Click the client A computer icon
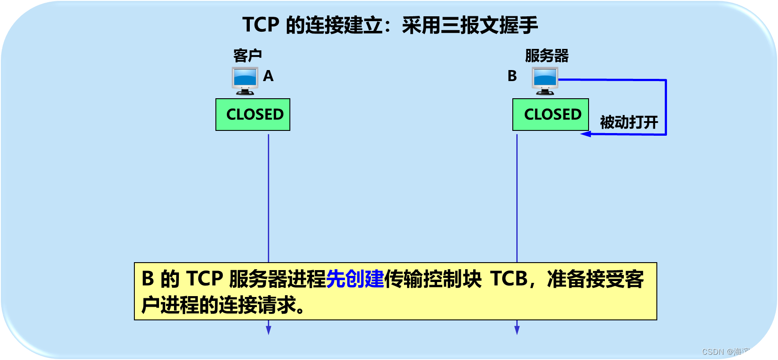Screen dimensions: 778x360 (245, 81)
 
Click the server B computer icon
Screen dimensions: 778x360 (545, 81)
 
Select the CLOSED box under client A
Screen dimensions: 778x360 (253, 115)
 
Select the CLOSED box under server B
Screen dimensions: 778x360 (551, 115)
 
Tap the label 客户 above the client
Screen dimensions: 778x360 (248, 56)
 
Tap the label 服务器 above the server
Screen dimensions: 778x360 (547, 56)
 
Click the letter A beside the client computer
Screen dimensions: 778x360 (268, 76)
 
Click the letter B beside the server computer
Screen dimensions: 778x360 (512, 76)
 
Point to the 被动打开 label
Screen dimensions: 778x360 (629, 122)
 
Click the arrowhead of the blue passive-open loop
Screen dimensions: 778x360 (585, 134)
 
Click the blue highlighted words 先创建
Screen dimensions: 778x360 (355, 279)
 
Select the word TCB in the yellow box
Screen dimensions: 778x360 (509, 279)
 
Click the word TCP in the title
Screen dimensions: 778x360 (261, 25)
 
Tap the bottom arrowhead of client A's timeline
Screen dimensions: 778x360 (268, 330)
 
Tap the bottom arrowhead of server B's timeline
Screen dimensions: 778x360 (517, 330)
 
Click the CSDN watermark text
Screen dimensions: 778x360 (736, 352)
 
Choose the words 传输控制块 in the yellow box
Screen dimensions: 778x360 (433, 279)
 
